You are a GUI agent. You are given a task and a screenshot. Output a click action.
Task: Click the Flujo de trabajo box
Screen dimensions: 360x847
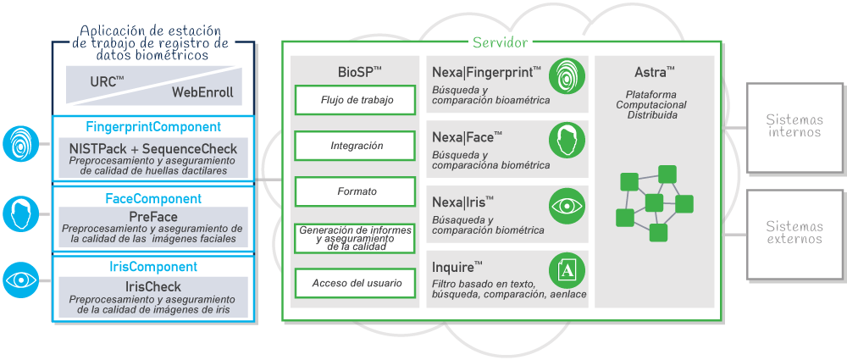pos(356,100)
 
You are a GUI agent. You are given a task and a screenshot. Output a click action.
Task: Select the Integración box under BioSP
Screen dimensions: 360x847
pos(356,146)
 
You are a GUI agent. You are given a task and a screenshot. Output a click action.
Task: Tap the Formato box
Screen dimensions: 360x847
pos(356,191)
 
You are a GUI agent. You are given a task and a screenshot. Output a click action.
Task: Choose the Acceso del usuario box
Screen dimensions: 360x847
pos(356,283)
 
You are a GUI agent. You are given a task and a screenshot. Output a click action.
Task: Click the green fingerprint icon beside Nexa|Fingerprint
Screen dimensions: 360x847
pos(565,76)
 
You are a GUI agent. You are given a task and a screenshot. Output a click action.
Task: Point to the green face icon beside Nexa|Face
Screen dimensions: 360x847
pos(565,140)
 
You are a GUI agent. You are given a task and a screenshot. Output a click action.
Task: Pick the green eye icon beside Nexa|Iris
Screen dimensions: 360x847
pos(565,205)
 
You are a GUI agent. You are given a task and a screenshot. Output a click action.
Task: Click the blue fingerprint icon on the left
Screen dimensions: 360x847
pos(19,143)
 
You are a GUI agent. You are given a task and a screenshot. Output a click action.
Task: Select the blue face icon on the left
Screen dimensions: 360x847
pos(19,213)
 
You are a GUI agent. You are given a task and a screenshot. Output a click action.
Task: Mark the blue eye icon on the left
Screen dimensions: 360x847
pos(19,280)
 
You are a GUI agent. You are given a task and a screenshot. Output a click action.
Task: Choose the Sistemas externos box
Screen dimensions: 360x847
pos(794,233)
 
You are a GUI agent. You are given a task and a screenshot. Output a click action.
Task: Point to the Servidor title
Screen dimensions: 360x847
pos(500,42)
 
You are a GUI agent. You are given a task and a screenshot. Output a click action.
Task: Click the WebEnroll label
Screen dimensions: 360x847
pos(202,91)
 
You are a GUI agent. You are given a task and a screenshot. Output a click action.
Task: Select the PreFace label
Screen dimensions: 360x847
pos(153,215)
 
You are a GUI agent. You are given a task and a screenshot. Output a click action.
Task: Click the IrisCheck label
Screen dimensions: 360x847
pos(153,287)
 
